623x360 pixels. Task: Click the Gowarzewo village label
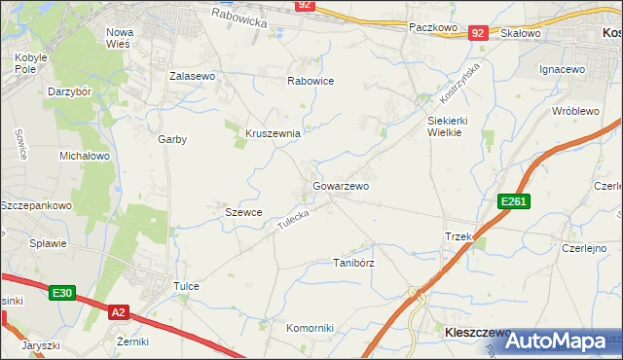click(x=341, y=185)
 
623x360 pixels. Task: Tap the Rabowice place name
click(x=311, y=81)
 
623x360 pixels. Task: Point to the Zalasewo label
click(x=192, y=75)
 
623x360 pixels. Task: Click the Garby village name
click(x=172, y=139)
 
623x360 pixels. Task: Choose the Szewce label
click(x=243, y=212)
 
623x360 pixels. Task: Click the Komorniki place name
click(x=310, y=328)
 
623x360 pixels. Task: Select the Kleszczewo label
click(x=463, y=332)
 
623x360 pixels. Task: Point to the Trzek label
click(x=458, y=237)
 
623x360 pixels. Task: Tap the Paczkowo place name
click(x=433, y=28)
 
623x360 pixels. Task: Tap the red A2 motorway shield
click(x=118, y=312)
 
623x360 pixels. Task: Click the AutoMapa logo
click(x=557, y=341)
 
